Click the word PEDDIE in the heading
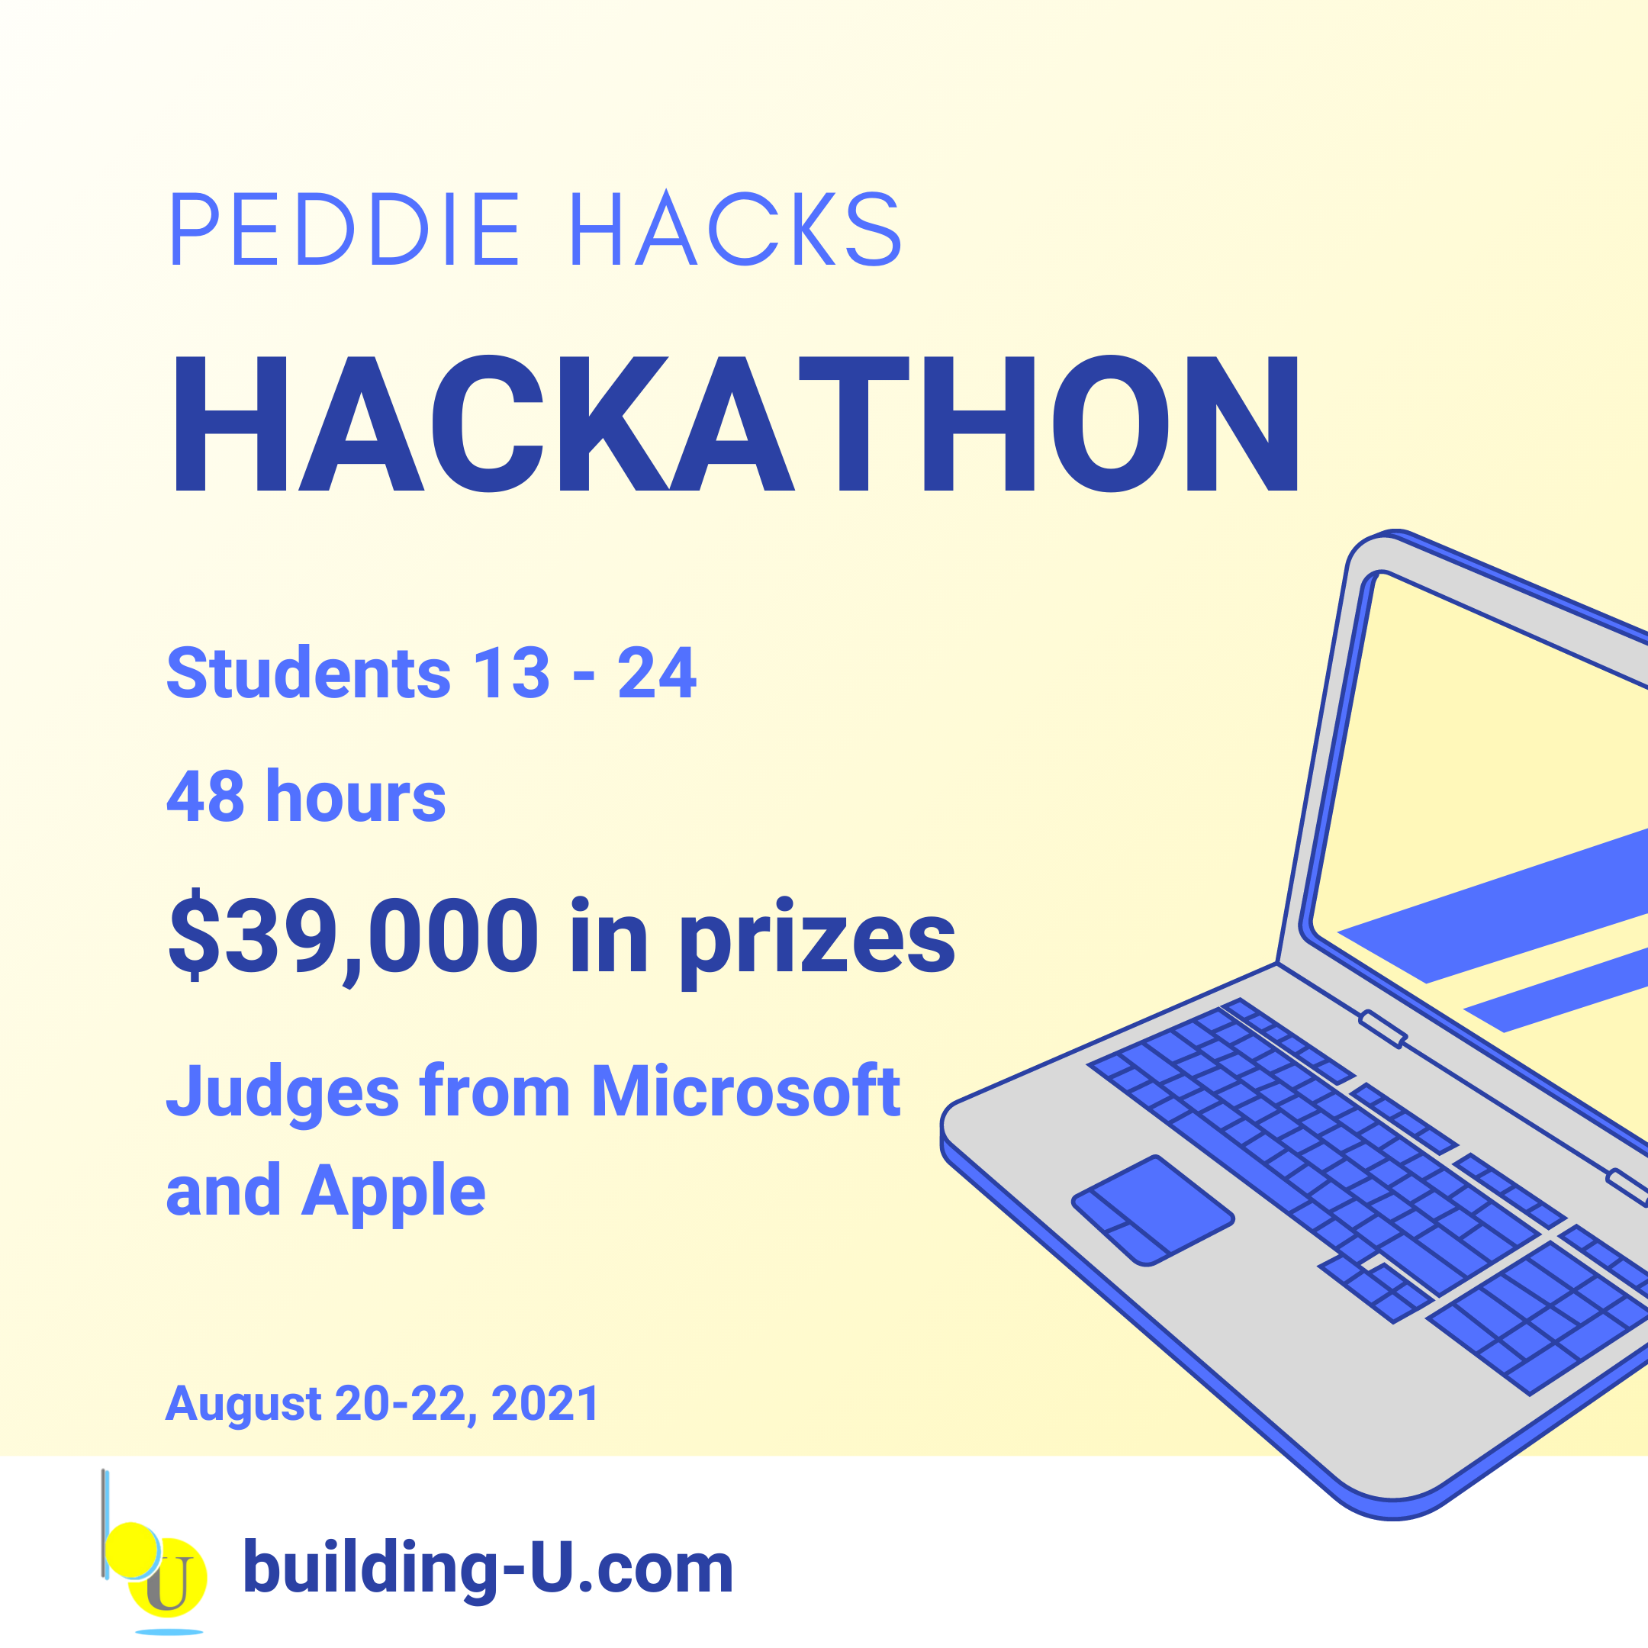[346, 229]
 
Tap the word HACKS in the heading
[736, 228]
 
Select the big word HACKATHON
[736, 424]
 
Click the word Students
[309, 672]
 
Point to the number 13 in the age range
[512, 673]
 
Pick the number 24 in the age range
[657, 673]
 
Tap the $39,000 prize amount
[353, 935]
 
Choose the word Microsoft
[745, 1090]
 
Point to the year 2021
[546, 1403]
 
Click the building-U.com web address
[488, 1568]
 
